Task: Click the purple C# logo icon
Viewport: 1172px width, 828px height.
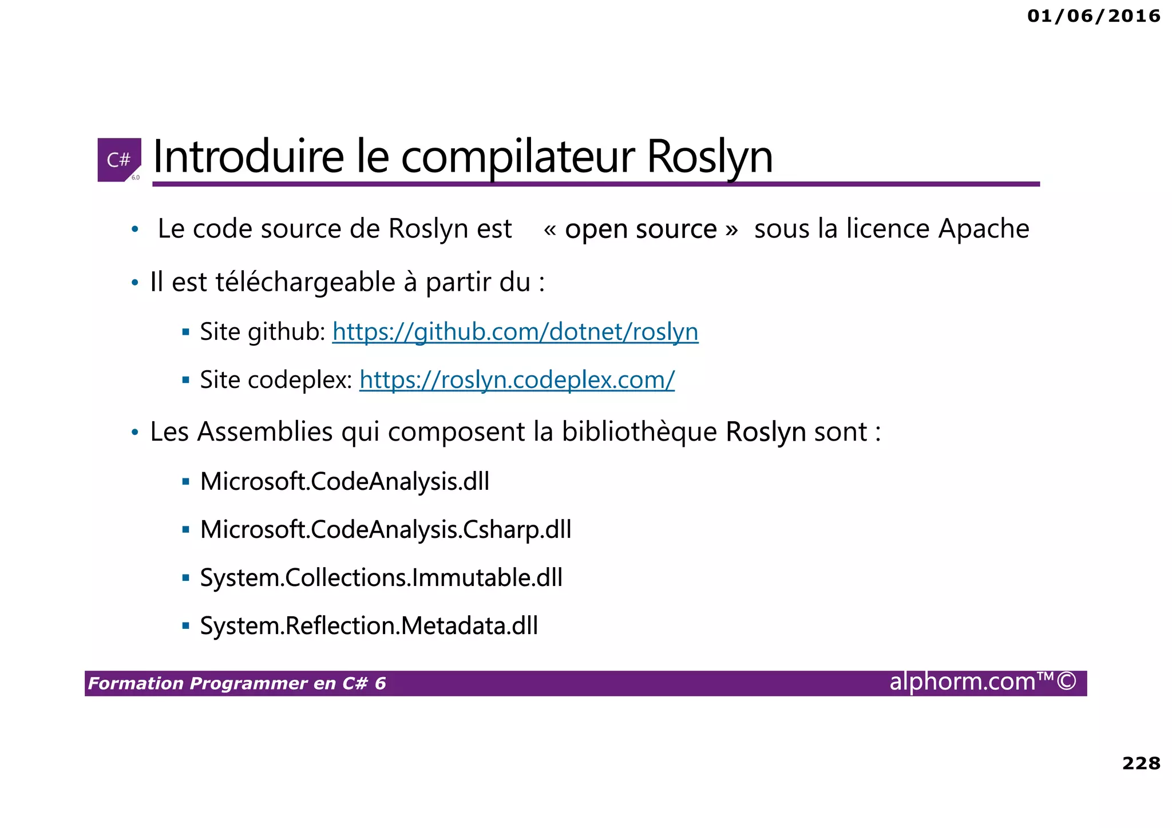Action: coord(119,160)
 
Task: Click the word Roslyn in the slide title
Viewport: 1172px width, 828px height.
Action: coord(710,157)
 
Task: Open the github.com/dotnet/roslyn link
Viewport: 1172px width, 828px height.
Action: coord(515,332)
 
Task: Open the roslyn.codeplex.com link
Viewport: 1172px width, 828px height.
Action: coord(517,380)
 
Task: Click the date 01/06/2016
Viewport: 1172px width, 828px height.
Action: coord(1094,16)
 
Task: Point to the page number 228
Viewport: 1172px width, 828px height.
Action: coord(1141,763)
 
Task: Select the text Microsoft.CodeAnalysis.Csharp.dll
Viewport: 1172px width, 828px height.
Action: coord(386,530)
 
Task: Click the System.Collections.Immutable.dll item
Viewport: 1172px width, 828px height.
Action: coord(381,578)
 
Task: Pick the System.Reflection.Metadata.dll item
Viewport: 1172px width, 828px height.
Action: coord(369,626)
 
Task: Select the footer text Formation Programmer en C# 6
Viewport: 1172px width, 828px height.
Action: coord(237,684)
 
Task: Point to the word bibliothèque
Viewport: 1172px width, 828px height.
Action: coord(639,432)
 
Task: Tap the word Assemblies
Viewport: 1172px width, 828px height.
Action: coord(265,432)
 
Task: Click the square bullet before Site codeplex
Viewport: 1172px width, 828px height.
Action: coord(185,380)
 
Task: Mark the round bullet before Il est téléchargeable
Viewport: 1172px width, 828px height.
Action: coord(135,283)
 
